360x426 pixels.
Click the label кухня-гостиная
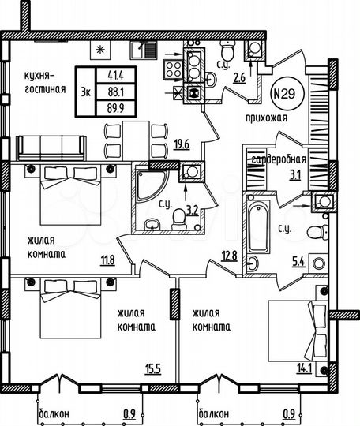click(37, 80)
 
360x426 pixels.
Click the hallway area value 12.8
click(229, 255)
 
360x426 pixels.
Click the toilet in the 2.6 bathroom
click(226, 52)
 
